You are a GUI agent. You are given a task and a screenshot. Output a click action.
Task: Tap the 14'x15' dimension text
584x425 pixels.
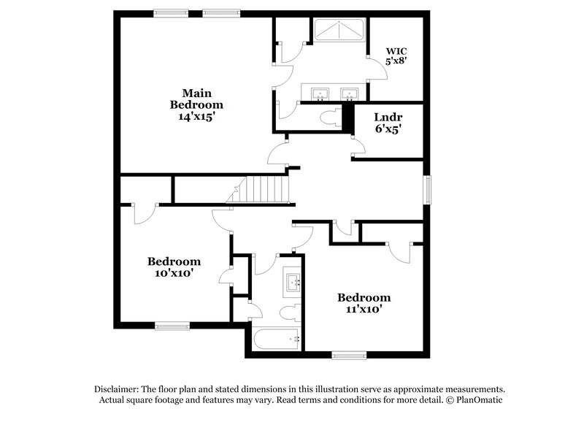coord(196,116)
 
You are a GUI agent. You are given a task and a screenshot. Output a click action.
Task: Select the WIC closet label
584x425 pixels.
coord(396,50)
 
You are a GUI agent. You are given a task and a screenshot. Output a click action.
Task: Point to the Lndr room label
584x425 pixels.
coord(388,117)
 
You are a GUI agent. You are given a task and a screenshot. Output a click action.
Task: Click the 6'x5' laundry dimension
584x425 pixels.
coord(388,129)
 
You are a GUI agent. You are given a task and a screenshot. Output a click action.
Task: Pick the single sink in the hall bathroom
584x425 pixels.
coord(294,281)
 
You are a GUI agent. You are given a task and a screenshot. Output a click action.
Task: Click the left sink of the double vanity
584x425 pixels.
coord(320,94)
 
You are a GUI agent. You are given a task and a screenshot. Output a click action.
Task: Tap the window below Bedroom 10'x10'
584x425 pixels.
coord(172,326)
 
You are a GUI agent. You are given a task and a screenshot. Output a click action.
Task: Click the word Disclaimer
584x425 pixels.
coord(116,389)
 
